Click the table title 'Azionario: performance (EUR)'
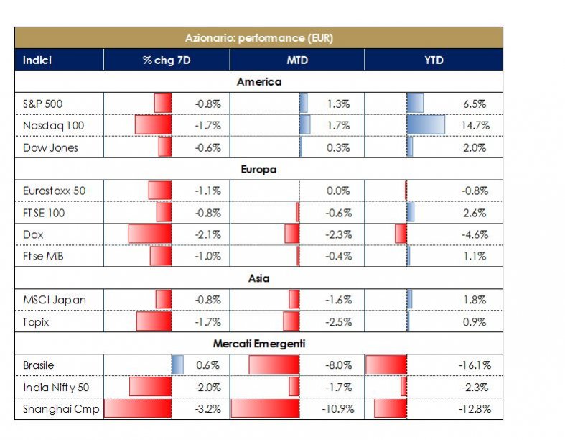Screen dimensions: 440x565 click(x=258, y=37)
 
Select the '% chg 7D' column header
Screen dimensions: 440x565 click(x=167, y=60)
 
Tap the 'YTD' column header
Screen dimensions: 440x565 click(x=434, y=60)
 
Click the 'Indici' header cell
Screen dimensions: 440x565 click(x=37, y=60)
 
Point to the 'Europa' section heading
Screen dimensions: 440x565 click(x=258, y=170)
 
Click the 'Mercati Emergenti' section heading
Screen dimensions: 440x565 click(x=258, y=344)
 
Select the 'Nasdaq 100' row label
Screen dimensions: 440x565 click(x=53, y=126)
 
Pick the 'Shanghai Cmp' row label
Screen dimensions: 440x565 click(x=57, y=409)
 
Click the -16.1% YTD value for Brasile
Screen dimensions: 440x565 click(x=474, y=365)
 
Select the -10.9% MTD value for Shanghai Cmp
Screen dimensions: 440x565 click(x=336, y=409)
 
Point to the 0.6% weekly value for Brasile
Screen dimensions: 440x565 click(x=207, y=365)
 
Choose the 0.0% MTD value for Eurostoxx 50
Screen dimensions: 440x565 click(x=337, y=191)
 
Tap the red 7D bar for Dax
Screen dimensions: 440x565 click(x=150, y=234)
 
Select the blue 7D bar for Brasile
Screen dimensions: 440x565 click(x=177, y=365)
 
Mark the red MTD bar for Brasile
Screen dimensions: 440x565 click(x=274, y=365)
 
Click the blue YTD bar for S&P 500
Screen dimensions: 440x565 click(x=415, y=104)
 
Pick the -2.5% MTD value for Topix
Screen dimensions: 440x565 click(x=337, y=322)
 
